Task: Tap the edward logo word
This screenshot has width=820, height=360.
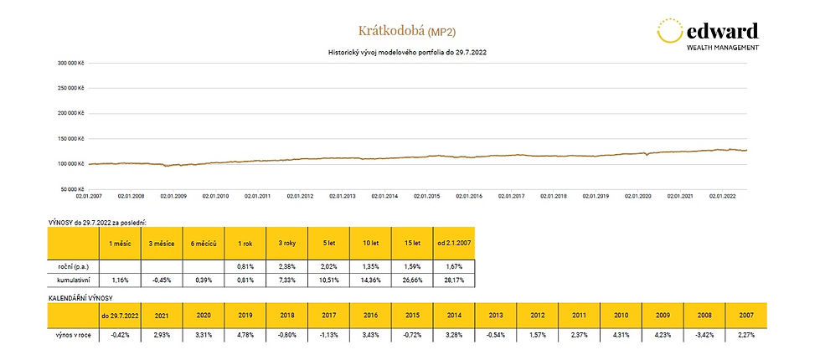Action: (x=722, y=31)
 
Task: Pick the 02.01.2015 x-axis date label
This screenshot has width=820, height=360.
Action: (x=426, y=196)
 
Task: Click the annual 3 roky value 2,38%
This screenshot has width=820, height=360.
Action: (x=287, y=265)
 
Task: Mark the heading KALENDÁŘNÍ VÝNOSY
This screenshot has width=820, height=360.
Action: (x=82, y=298)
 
